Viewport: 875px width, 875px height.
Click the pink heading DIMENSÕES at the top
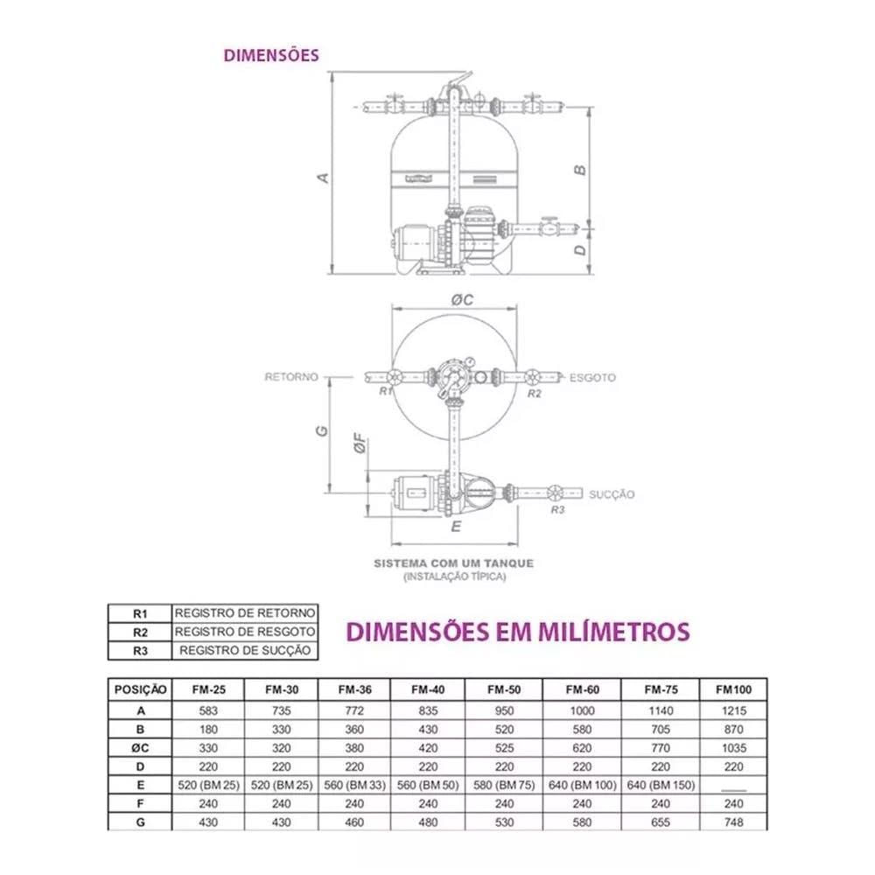point(271,55)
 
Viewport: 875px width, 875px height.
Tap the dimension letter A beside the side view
point(323,178)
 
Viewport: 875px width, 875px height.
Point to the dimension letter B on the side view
point(580,171)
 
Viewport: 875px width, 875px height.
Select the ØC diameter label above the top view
point(462,300)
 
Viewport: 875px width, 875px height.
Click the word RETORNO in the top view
point(291,377)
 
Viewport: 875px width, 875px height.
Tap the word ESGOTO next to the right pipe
point(592,378)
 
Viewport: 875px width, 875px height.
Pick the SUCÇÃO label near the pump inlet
point(612,494)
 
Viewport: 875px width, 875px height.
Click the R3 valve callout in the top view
point(557,509)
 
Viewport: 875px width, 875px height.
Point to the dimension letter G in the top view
point(322,430)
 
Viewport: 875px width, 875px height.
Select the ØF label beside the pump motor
point(360,443)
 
